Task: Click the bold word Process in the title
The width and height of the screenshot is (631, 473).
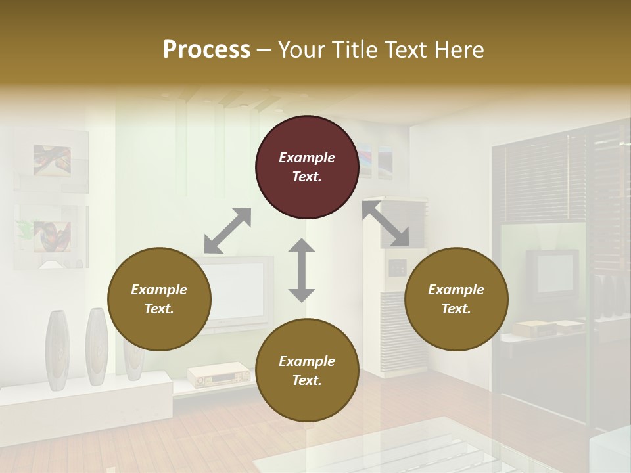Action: click(x=206, y=49)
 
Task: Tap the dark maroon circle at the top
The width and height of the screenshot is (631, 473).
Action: click(x=307, y=167)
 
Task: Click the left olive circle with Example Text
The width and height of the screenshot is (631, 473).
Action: click(x=159, y=299)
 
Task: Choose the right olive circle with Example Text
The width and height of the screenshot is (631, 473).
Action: click(x=456, y=299)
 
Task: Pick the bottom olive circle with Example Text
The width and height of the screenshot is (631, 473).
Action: click(x=307, y=371)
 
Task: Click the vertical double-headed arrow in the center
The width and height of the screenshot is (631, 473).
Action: click(x=302, y=270)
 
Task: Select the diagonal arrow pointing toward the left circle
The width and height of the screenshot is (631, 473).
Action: click(x=227, y=231)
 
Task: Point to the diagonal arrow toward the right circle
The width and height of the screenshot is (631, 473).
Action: click(x=386, y=224)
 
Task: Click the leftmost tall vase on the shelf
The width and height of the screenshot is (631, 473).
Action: click(x=57, y=348)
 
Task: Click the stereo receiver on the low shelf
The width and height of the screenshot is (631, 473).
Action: click(x=218, y=376)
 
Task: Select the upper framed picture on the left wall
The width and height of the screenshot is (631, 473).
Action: click(x=52, y=161)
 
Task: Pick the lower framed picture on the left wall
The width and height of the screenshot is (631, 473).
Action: click(x=52, y=236)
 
